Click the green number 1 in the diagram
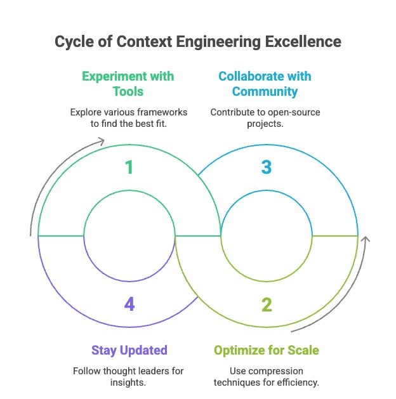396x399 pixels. pyautogui.click(x=129, y=167)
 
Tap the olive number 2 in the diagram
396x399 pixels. pyautogui.click(x=267, y=304)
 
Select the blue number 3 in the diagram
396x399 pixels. pyautogui.click(x=267, y=167)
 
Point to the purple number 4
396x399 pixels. pyautogui.click(x=129, y=304)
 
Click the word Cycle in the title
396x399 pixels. pyautogui.click(x=74, y=43)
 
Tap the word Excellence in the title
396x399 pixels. pyautogui.click(x=303, y=41)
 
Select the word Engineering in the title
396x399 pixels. pyautogui.click(x=218, y=43)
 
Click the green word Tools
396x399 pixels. pyautogui.click(x=128, y=91)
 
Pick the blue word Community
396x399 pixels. pyautogui.click(x=265, y=92)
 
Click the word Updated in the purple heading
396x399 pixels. pyautogui.click(x=143, y=351)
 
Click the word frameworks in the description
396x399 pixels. pyautogui.click(x=162, y=112)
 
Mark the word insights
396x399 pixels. pyautogui.click(x=128, y=383)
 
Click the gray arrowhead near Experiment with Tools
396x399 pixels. pyautogui.click(x=101, y=141)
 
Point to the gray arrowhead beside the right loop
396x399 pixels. pyautogui.click(x=366, y=239)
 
